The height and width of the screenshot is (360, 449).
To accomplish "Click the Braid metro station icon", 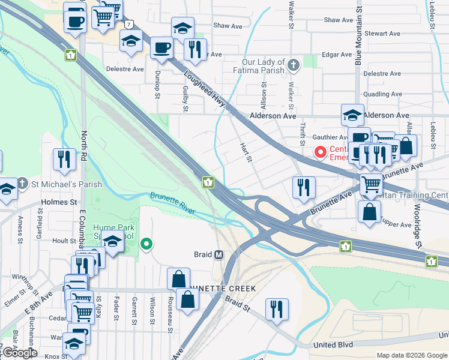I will point(219,254).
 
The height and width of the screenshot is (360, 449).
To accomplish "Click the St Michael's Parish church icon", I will point(22,182).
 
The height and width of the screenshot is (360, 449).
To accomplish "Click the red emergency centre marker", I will point(321,152).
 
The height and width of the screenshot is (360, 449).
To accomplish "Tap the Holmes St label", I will point(59,202).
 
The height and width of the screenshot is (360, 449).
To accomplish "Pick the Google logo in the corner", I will point(19,353).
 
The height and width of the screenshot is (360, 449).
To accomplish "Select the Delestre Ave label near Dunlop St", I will point(125,69).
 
